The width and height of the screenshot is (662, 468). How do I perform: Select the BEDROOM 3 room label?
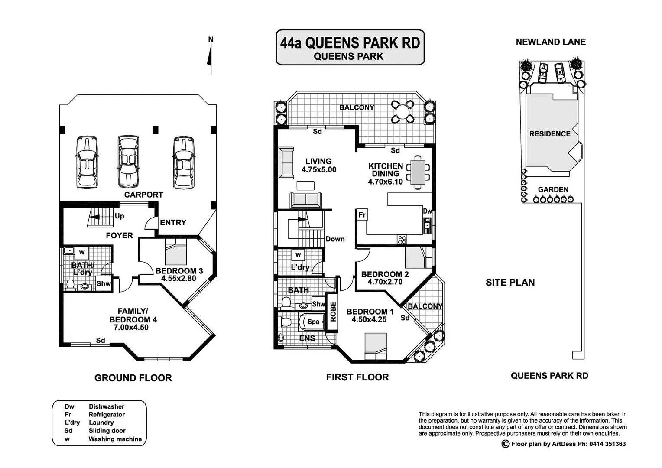click(179, 271)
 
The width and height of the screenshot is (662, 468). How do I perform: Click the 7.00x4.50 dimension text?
click(131, 328)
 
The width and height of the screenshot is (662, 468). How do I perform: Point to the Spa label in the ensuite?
click(313, 322)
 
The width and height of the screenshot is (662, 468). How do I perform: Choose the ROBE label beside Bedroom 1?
click(333, 311)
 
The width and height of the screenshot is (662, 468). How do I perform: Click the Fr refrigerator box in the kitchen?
click(362, 214)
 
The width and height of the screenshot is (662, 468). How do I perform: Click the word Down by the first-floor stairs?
click(335, 239)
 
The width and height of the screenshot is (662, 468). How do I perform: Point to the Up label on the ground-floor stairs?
click(120, 216)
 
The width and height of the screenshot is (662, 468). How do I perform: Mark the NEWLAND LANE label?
click(550, 42)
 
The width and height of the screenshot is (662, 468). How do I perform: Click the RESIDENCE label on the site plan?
click(549, 134)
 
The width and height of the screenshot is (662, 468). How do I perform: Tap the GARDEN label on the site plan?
click(553, 189)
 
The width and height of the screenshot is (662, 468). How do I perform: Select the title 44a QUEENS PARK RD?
click(350, 43)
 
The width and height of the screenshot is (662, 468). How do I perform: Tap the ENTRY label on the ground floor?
click(173, 223)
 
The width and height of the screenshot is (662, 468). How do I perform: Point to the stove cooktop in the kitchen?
click(402, 239)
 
